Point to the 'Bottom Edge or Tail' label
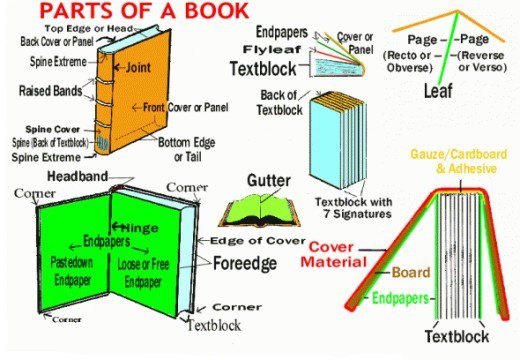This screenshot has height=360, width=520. coord(185,149)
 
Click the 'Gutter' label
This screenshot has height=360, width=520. coord(267,181)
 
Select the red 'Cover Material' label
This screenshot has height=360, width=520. coord(342,253)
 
